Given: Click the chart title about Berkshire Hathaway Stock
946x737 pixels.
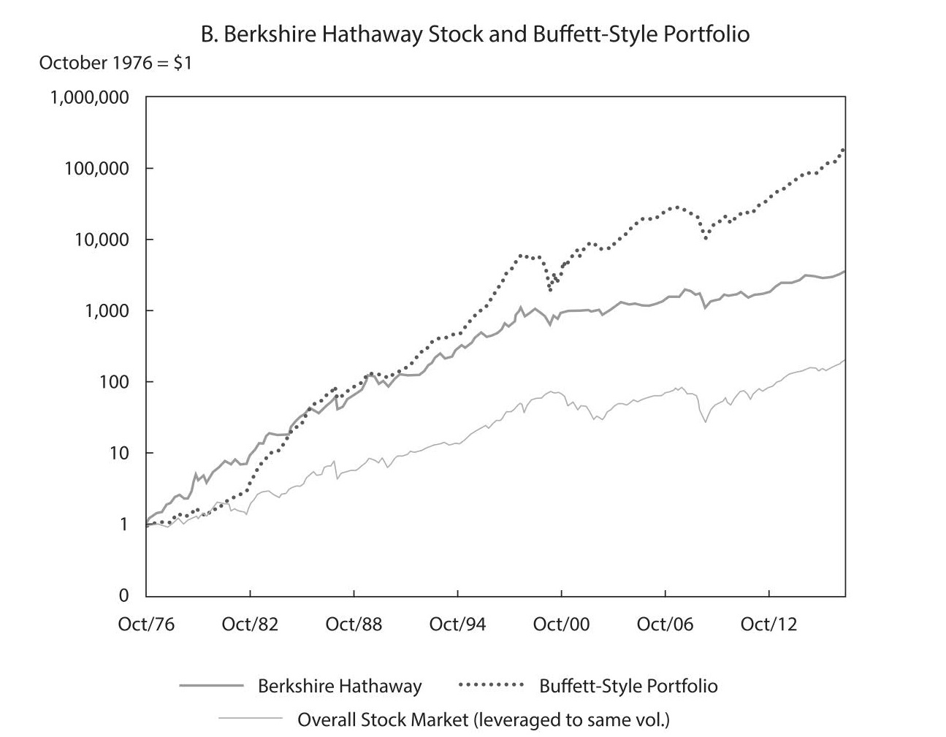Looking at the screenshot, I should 475,34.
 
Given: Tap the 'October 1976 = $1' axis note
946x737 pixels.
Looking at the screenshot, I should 115,63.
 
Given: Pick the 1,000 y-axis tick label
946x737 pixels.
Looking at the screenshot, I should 107,311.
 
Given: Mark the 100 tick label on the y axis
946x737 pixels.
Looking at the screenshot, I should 115,382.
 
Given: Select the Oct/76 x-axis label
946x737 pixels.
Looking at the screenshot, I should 146,625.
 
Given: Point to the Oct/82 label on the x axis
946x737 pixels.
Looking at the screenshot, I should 250,625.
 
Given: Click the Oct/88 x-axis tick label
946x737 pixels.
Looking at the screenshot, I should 354,625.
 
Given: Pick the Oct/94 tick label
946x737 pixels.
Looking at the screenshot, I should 457,625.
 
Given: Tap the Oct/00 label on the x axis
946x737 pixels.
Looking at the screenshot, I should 561,625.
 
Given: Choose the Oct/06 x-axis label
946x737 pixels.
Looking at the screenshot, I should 665,625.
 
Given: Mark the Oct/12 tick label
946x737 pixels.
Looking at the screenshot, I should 768,625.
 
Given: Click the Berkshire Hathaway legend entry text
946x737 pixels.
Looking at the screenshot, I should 340,687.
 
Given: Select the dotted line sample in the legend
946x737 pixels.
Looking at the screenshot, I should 491,685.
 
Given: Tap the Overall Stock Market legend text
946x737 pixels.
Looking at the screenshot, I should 483,720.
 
